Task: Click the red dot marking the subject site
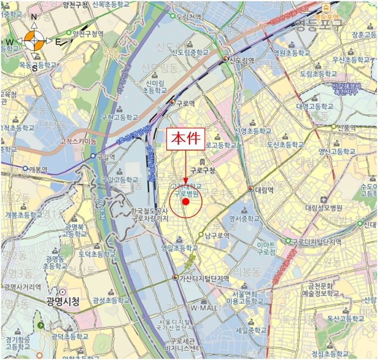coord(185,202)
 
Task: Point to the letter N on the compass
coord(34,17)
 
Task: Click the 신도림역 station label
coord(241,60)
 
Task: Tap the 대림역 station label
coord(264,190)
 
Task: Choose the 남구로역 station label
coord(216,236)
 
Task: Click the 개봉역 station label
coord(38,169)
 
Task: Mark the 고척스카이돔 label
coord(78,142)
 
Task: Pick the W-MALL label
coord(203,308)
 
